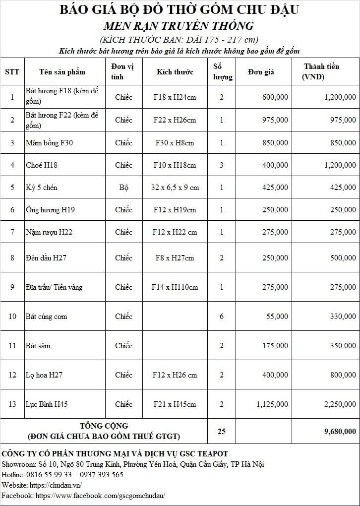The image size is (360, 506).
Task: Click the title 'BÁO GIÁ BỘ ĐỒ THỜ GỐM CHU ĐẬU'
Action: (179, 9)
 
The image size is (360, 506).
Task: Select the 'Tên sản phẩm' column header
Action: (62, 72)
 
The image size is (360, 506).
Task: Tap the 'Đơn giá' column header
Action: (261, 72)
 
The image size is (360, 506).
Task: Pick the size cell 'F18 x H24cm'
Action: (175, 97)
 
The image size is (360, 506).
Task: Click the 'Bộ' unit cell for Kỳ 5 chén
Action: (123, 188)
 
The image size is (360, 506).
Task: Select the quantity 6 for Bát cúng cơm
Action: (222, 316)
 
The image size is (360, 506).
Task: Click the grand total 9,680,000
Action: (340, 432)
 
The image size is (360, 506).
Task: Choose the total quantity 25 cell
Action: (222, 432)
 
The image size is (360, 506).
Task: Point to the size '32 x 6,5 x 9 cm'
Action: (175, 188)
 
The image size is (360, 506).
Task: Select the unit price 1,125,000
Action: (272, 404)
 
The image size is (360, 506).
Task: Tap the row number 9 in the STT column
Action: (12, 287)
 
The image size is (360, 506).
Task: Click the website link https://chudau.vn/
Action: (56, 485)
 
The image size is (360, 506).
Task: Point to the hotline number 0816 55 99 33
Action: (53, 475)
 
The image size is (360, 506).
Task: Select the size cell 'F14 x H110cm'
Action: (175, 287)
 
